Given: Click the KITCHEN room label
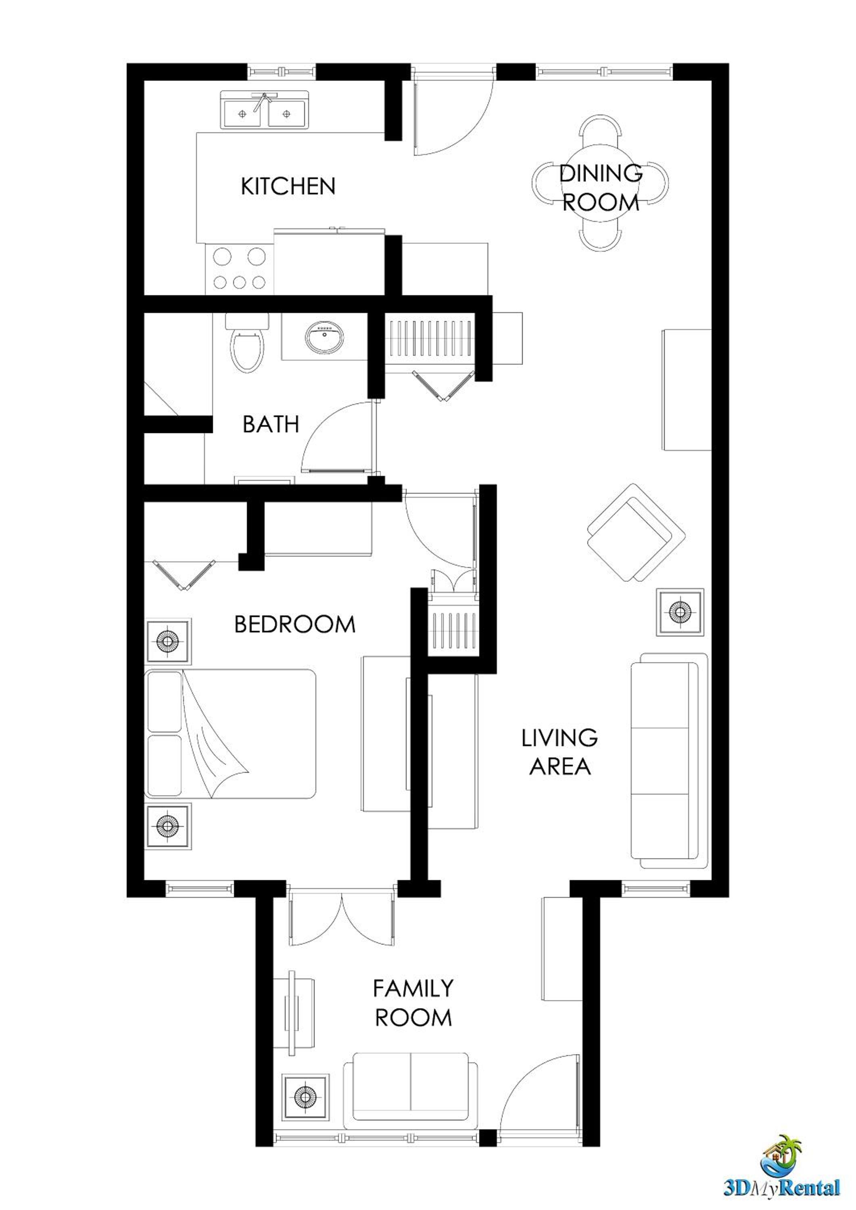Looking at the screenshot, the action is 288,187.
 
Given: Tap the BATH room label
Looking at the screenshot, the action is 271,424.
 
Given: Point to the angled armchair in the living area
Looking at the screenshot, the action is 637,532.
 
